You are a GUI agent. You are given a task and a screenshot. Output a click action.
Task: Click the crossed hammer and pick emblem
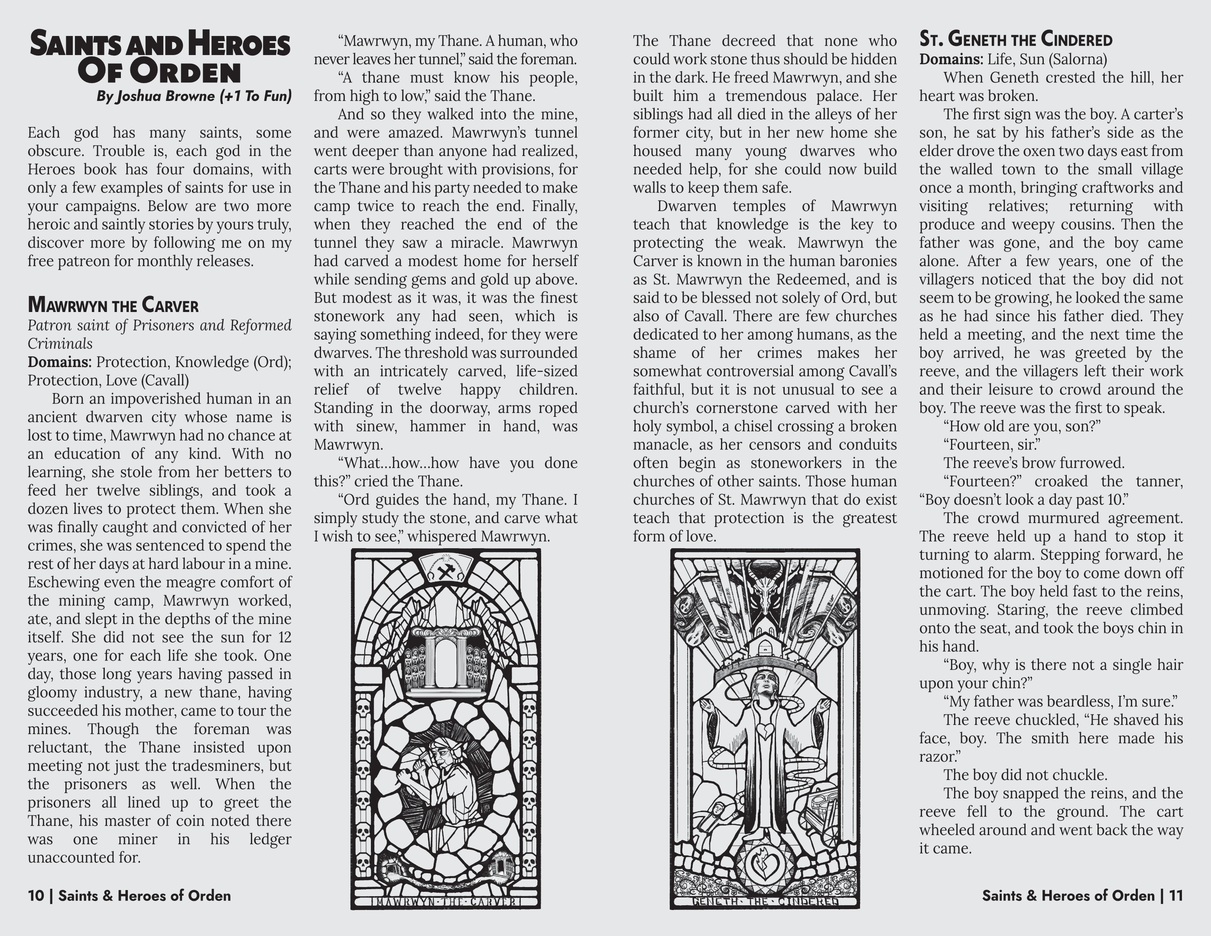[446, 572]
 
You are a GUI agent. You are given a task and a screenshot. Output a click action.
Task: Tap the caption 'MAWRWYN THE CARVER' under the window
[446, 902]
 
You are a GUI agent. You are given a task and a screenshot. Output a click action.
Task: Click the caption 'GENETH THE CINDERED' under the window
[765, 902]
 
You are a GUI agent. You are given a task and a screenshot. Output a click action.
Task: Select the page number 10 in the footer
[36, 896]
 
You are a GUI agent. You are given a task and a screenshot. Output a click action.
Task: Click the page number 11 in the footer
[1175, 896]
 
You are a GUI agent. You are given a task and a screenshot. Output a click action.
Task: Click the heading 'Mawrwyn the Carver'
[113, 305]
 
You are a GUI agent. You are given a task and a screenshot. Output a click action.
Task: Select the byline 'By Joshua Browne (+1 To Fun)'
[194, 96]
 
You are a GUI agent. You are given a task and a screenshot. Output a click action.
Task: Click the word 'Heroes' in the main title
[239, 44]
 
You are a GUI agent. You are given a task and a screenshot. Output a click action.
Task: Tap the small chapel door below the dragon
[765, 648]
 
